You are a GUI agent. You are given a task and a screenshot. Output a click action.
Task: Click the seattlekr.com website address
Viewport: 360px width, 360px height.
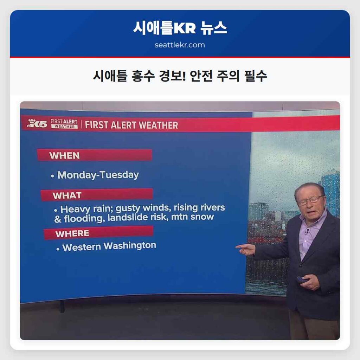coord(180,45)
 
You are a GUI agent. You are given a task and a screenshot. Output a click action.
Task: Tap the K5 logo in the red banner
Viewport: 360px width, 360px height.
coord(37,123)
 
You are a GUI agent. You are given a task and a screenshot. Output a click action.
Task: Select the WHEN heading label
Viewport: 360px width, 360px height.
coord(64,155)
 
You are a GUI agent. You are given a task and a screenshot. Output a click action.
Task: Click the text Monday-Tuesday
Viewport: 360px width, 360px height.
coord(98,175)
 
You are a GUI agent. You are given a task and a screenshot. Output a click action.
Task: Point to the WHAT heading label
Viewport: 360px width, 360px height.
coord(67,195)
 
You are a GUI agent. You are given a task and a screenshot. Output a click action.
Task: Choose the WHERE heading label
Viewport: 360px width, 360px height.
coord(72,233)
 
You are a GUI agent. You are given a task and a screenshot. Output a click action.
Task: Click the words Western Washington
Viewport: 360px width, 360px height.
coord(109,246)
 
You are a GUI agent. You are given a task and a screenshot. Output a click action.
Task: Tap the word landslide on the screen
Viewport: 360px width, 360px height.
coord(124,218)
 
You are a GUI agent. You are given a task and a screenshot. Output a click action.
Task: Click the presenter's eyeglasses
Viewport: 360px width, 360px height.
coord(310,201)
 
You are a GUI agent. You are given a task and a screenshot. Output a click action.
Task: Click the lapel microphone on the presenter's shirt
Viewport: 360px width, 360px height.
coord(307,232)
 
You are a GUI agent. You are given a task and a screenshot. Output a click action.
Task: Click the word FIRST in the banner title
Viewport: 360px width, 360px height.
coord(97,125)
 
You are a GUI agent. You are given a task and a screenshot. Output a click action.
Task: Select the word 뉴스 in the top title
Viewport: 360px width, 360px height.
coord(213,28)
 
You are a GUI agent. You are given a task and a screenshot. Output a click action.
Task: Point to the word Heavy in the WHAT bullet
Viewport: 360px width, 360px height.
coord(73,209)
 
